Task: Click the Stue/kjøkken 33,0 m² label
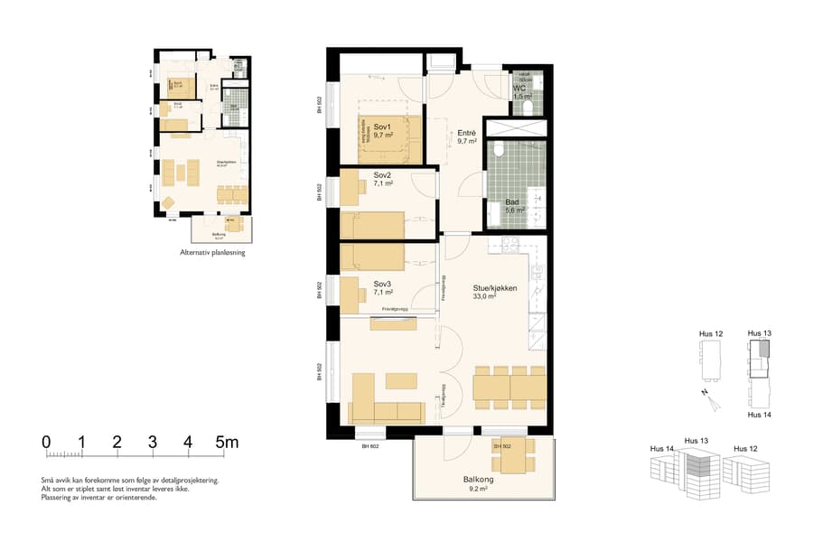coord(494,291)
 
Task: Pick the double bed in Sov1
coord(390,135)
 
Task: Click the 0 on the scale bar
coord(46,443)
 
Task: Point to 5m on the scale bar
coord(226,443)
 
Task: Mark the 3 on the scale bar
coord(152,443)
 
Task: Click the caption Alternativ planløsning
coord(212,253)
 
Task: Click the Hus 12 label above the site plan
coord(711,334)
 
